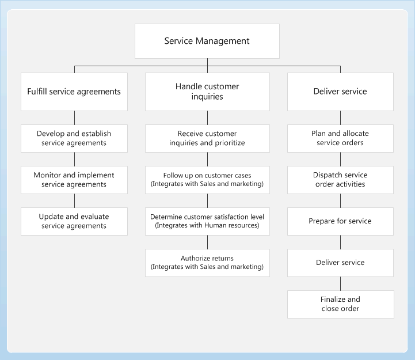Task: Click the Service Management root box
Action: point(207,41)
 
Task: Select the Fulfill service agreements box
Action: point(74,92)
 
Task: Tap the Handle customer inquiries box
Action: point(207,92)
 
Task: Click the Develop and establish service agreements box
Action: point(74,138)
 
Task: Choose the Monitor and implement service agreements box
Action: point(74,180)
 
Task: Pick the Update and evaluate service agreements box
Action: point(74,221)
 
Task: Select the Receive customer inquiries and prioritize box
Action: point(207,138)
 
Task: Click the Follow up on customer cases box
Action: point(207,180)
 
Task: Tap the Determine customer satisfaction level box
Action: point(207,221)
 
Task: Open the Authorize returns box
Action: point(207,263)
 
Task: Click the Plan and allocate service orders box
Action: point(340,138)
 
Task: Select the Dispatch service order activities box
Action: point(340,180)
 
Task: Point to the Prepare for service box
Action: point(340,221)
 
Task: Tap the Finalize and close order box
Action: point(340,304)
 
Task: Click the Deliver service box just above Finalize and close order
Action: point(340,263)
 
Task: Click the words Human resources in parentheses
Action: point(233,225)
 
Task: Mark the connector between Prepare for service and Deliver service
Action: point(340,242)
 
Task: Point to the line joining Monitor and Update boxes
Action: point(74,200)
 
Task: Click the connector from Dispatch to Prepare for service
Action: point(340,200)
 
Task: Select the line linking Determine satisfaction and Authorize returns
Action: point(207,242)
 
